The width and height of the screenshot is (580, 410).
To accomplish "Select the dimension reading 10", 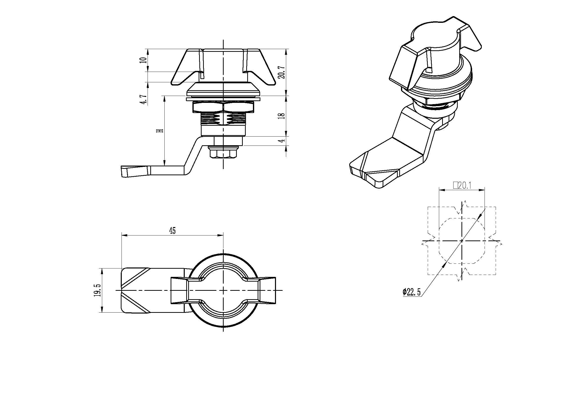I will (144, 60).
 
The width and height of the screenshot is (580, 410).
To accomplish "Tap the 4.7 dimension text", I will (144, 99).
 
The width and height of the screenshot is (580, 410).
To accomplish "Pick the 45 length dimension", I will (172, 231).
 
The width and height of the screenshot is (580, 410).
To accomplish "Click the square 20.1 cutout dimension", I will (462, 186).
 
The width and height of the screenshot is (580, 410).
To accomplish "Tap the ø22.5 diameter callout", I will (412, 292).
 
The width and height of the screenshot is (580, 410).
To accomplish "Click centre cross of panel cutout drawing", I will (462, 241).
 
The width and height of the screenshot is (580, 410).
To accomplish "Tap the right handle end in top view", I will (268, 290).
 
